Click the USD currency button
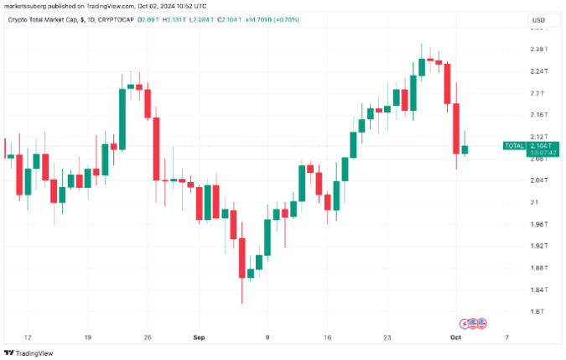[x=539, y=20]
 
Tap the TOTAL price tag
[x=513, y=146]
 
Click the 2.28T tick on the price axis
[x=539, y=49]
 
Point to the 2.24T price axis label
[x=539, y=70]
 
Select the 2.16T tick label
[x=539, y=114]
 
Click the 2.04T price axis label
[x=539, y=180]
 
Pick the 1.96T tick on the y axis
[x=539, y=224]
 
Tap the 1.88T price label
[x=539, y=268]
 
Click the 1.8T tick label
[x=537, y=311]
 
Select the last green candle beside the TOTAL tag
[x=465, y=149]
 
